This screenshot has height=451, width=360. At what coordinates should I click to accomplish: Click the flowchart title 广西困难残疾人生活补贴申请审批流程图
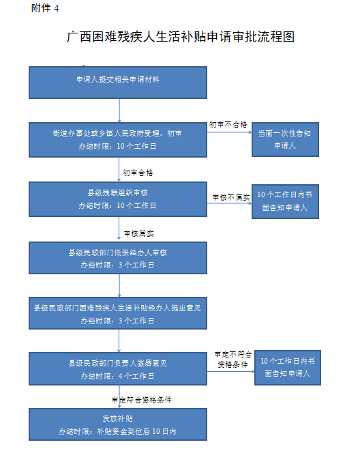point(181,37)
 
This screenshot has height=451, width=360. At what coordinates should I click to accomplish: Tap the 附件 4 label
point(45,8)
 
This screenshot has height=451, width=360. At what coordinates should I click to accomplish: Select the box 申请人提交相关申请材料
point(118,83)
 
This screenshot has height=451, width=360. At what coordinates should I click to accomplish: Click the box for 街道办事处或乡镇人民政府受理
point(118,140)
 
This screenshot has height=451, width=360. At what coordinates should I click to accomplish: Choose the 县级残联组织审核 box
point(118,199)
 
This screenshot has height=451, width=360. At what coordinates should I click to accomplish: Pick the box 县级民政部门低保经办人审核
point(118,258)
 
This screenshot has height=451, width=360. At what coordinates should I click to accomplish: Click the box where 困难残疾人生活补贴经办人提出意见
point(118,313)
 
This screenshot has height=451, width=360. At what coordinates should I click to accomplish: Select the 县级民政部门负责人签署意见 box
point(118,368)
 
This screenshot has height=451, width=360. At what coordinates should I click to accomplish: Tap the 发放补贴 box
point(118,424)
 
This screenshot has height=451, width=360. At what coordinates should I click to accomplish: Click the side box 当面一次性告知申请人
point(285,139)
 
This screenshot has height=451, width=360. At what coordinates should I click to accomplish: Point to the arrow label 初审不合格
point(228,125)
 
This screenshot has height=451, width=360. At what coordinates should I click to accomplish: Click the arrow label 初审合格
point(138,173)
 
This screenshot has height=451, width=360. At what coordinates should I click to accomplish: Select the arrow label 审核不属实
point(231,197)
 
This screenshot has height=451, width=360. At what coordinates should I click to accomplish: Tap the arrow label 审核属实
point(139,233)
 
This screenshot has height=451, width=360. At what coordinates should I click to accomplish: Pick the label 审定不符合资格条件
point(233,360)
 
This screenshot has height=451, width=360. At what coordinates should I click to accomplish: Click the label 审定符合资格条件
point(142,400)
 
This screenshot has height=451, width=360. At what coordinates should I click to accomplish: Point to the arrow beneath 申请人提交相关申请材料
point(119,111)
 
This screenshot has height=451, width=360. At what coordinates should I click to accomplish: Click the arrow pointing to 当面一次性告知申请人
point(229,132)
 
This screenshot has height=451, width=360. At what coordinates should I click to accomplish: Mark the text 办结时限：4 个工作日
point(117,376)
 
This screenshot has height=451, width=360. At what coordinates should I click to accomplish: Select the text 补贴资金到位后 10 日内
point(136,431)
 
